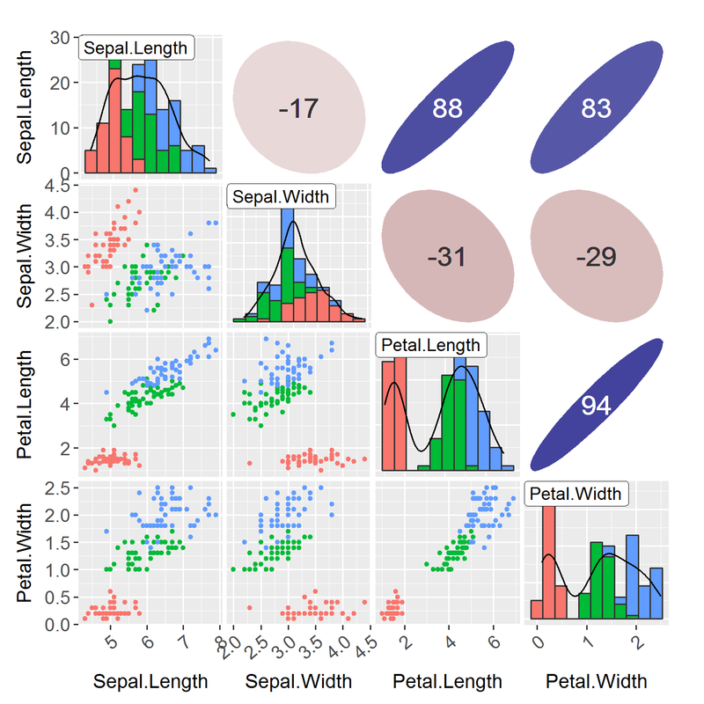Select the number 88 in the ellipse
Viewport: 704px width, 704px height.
click(x=447, y=108)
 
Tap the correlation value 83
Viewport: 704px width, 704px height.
click(x=596, y=108)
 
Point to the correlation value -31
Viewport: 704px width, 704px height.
click(x=446, y=257)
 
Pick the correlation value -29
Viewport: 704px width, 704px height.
click(x=596, y=257)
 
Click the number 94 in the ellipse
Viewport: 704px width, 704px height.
click(x=596, y=405)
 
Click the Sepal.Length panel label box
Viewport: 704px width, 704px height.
click(x=136, y=48)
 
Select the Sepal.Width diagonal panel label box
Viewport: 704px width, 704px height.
click(x=281, y=196)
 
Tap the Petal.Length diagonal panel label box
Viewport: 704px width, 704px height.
click(x=430, y=344)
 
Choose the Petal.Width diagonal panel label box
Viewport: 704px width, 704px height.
click(x=577, y=494)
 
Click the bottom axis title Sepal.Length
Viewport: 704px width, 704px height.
click(x=150, y=681)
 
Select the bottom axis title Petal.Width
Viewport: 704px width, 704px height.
click(x=597, y=681)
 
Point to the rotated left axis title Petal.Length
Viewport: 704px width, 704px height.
click(x=27, y=404)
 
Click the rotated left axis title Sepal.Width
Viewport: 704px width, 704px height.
click(x=27, y=256)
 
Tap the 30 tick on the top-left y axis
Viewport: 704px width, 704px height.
click(x=61, y=37)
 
